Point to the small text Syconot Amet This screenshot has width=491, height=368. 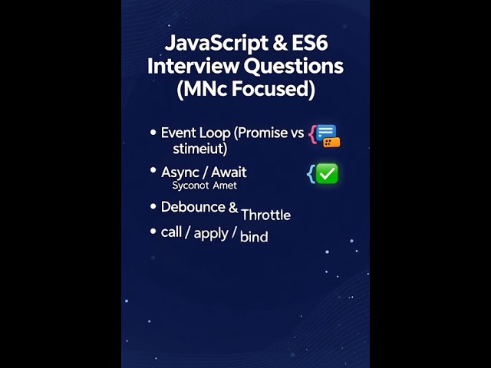coord(204,186)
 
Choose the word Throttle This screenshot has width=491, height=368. coord(265,215)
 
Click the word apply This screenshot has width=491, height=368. coord(211,232)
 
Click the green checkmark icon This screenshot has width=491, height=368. coord(327,174)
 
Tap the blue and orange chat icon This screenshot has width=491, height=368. coord(328,136)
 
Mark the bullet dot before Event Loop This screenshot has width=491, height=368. coord(153,133)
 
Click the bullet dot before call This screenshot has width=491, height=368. coord(153,231)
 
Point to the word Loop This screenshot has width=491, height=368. coord(215,133)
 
